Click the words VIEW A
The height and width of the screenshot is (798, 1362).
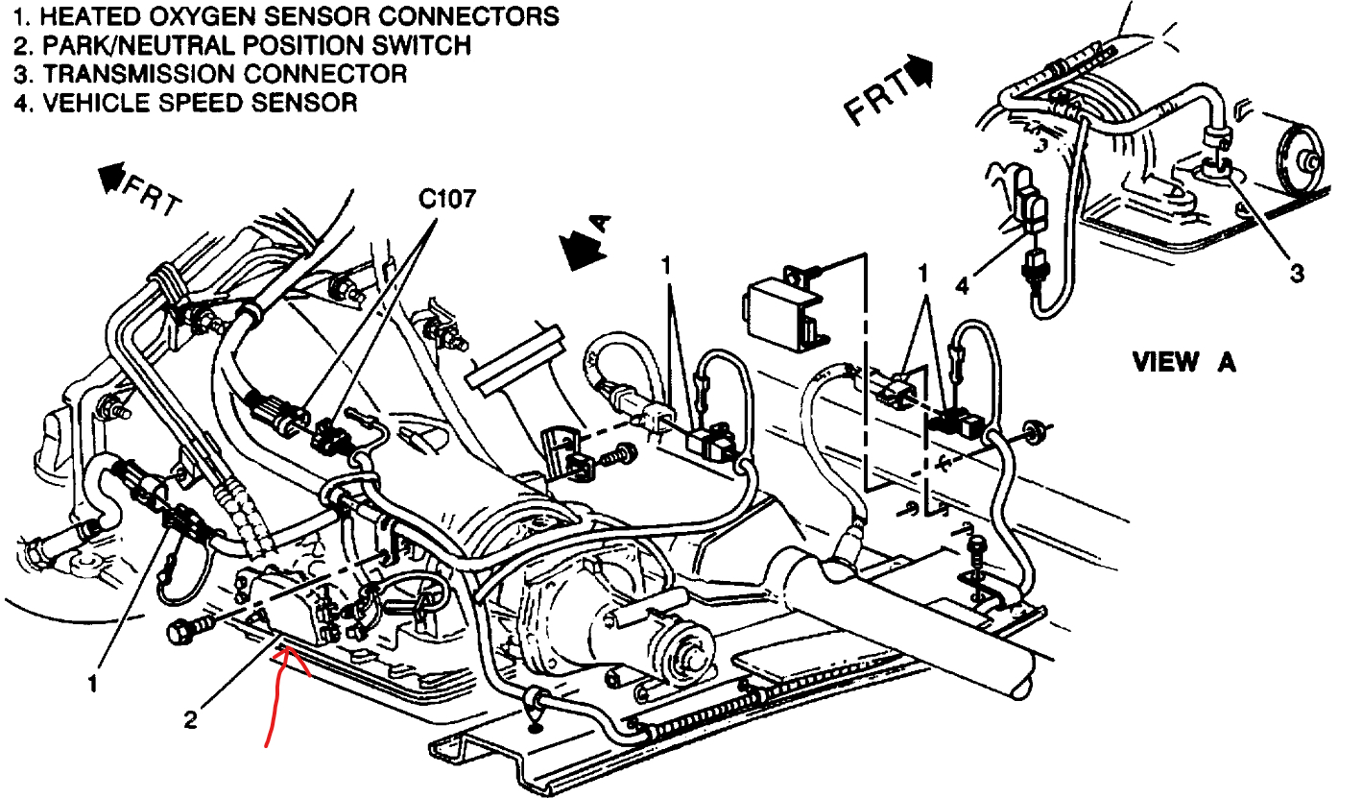[x=1183, y=362]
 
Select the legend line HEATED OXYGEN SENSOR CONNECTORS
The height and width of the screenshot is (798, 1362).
[x=287, y=16]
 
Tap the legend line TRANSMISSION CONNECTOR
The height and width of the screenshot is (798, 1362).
[x=210, y=73]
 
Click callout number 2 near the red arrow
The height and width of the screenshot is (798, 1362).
[x=190, y=718]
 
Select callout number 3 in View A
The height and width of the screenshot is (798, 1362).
[x=1296, y=274]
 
